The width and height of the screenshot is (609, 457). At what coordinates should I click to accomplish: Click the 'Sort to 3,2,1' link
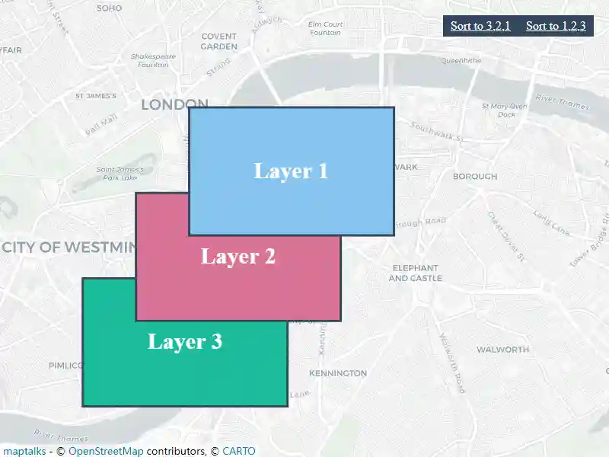[x=480, y=26]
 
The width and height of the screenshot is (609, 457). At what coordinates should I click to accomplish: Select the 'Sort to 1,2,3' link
[x=556, y=26]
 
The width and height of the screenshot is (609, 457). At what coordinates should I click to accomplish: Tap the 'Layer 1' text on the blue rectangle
[x=291, y=171]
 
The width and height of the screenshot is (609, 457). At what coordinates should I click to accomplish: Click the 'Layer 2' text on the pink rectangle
[x=238, y=257]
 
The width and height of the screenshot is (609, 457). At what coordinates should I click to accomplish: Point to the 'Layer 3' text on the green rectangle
[x=185, y=341]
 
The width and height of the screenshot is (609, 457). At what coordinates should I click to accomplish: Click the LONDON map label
[x=174, y=104]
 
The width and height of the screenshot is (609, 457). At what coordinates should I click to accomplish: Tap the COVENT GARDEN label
[x=219, y=41]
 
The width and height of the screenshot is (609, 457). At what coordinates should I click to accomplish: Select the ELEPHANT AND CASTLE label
[x=414, y=273]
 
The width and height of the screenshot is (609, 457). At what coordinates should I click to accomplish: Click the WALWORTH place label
[x=502, y=350]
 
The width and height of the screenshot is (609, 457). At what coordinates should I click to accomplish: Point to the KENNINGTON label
[x=337, y=373]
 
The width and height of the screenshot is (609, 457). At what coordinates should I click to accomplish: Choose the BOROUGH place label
[x=474, y=176]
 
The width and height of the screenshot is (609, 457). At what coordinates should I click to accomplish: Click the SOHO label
[x=109, y=8]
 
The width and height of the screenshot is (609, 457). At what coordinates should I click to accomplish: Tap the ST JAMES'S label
[x=96, y=96]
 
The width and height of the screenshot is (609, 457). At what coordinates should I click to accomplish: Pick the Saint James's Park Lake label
[x=126, y=173]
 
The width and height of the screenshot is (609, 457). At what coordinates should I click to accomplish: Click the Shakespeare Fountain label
[x=153, y=60]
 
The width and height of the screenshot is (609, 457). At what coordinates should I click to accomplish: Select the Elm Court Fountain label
[x=326, y=28]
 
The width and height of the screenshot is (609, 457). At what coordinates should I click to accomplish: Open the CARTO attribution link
[x=239, y=451]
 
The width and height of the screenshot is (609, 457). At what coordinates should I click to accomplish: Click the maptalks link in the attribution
[x=24, y=451]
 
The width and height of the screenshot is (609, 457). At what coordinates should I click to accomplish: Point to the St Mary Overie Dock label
[x=505, y=110]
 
